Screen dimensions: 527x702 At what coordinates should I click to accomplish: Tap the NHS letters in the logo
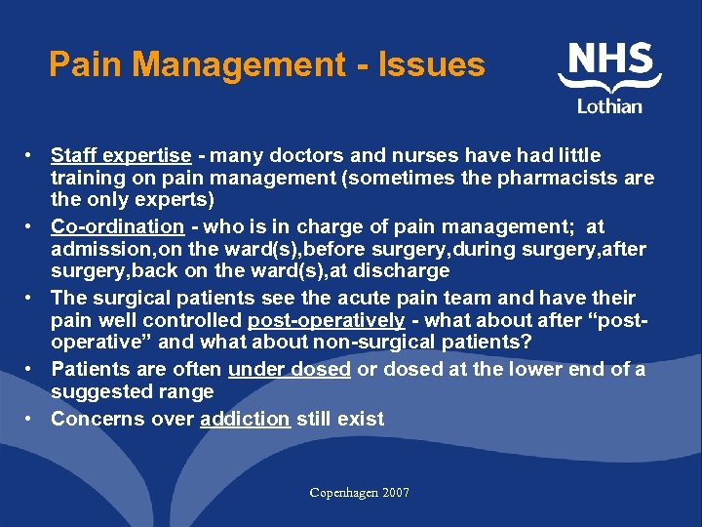[610, 61]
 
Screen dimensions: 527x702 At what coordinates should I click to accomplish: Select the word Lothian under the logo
[610, 105]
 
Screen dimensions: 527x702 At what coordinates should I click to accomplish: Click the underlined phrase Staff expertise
[121, 155]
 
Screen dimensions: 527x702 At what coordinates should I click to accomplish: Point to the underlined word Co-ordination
[117, 226]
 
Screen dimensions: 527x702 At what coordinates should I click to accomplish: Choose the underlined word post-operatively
[326, 320]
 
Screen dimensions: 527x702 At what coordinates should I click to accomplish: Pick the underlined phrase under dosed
[289, 368]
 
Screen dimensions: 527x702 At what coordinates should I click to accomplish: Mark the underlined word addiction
[245, 419]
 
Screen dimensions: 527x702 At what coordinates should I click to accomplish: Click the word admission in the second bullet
[91, 250]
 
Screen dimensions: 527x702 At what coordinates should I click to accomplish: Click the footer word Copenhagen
[342, 493]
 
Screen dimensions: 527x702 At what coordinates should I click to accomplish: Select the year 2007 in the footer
[395, 493]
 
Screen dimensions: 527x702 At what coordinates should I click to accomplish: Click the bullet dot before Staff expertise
[33, 156]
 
